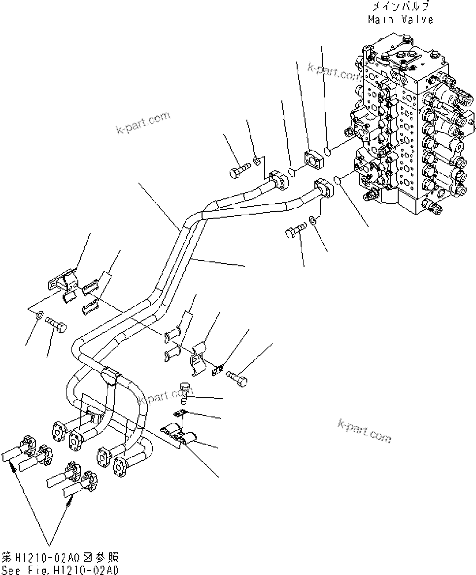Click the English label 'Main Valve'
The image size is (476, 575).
pos(400,20)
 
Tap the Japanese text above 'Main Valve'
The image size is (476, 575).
pos(400,6)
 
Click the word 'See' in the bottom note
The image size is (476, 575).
pos(12,570)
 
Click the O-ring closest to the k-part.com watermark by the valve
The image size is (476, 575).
pos(327,150)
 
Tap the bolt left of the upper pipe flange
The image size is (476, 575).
pos(238,172)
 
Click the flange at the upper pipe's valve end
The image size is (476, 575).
pos(279,180)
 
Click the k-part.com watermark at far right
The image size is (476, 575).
pos(364,431)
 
